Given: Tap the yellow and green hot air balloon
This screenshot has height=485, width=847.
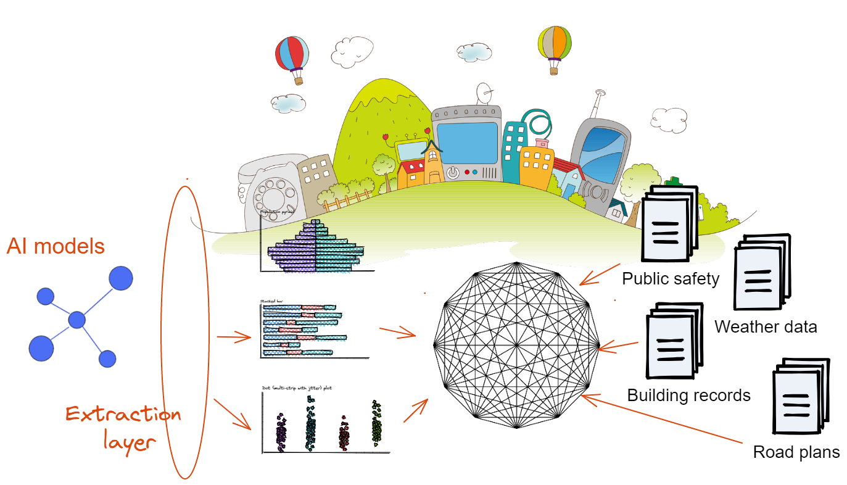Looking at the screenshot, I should pyautogui.click(x=554, y=42).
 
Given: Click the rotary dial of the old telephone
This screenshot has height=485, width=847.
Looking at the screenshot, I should pyautogui.click(x=275, y=196).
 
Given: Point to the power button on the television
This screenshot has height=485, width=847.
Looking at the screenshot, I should pyautogui.click(x=453, y=172).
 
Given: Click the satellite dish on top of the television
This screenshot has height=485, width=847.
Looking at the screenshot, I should pyautogui.click(x=485, y=94).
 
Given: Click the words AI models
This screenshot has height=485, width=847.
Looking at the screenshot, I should pyautogui.click(x=56, y=246).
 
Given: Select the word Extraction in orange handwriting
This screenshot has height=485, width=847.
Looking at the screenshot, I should pyautogui.click(x=123, y=414).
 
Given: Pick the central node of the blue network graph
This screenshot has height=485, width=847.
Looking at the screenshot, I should pyautogui.click(x=77, y=320).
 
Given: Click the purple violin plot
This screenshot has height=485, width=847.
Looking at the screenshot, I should pyautogui.click(x=281, y=431).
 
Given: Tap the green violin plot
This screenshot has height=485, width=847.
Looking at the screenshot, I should pyautogui.click(x=376, y=421).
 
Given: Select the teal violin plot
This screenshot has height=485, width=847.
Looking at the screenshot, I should pyautogui.click(x=310, y=423).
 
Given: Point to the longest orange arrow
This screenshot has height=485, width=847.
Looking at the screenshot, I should pyautogui.click(x=660, y=419).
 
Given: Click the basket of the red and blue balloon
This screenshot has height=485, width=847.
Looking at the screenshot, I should pyautogui.click(x=299, y=80).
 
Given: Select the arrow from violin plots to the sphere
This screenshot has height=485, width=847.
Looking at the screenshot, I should pyautogui.click(x=416, y=410).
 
